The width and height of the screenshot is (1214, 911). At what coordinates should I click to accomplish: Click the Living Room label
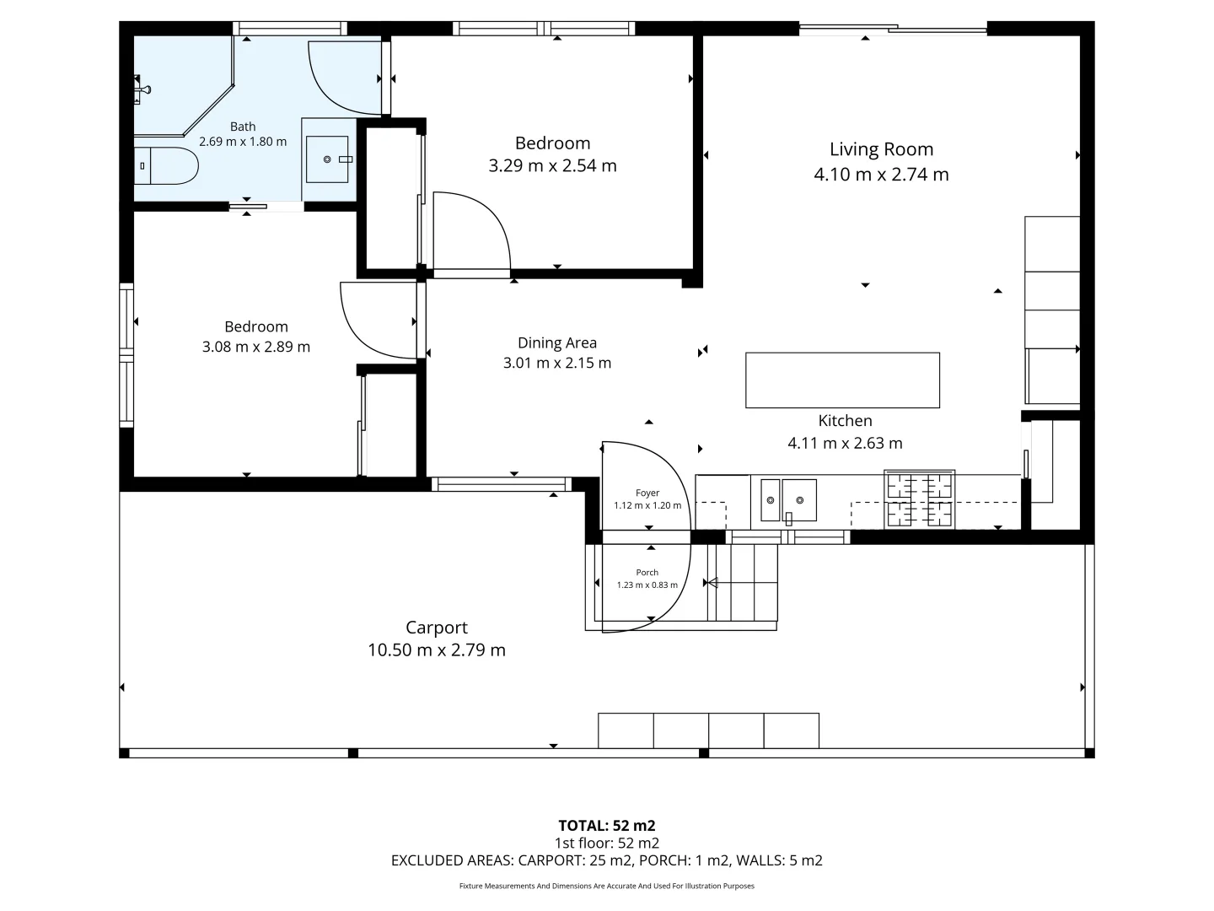[x=881, y=149]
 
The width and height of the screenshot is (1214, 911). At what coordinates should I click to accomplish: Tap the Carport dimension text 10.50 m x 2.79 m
[x=437, y=650]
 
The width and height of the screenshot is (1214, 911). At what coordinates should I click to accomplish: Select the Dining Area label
[x=557, y=343]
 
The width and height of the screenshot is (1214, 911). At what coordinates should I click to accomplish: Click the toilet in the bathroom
[x=166, y=165]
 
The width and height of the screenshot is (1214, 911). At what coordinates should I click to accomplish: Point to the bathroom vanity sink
[x=327, y=159]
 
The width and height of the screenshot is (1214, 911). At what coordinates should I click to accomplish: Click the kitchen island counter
[x=842, y=380]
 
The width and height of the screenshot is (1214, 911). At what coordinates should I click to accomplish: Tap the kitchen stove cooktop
[x=919, y=499]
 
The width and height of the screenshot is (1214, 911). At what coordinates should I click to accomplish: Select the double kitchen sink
[x=788, y=500]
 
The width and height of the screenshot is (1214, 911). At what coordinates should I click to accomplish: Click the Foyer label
[x=647, y=493]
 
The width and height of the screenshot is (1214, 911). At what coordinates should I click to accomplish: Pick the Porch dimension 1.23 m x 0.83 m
[x=647, y=585]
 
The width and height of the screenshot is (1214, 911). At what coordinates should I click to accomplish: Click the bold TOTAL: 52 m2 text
[x=607, y=826]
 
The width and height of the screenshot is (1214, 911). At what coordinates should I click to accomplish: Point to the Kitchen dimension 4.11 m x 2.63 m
[x=845, y=443]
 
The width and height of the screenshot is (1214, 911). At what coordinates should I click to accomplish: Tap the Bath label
[x=243, y=127]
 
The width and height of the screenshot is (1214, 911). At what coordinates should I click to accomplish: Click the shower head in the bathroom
[x=142, y=89]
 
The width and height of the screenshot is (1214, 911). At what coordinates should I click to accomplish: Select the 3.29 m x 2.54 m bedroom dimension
[x=552, y=165]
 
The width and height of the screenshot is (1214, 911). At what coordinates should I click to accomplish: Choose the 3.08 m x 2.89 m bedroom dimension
[x=256, y=347]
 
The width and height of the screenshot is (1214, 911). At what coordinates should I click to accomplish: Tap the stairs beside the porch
[x=743, y=582]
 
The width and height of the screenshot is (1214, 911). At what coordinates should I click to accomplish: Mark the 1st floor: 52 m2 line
[x=607, y=843]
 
